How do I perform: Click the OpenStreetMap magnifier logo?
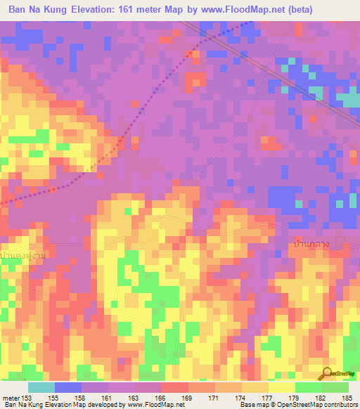(327, 374)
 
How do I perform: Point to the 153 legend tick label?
(27, 398)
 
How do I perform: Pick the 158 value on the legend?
(81, 398)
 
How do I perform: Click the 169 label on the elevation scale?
(188, 398)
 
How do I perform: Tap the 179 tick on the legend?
(295, 398)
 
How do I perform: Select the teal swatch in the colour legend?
(41, 387)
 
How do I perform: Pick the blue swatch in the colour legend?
(68, 387)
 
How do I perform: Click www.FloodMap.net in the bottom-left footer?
(156, 405)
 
